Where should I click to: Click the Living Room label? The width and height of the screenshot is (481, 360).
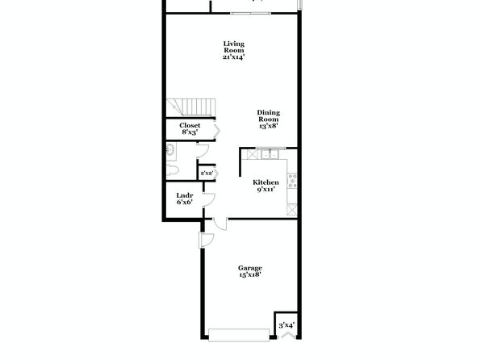point(234,47)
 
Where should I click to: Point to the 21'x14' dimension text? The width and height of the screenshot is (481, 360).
point(234,57)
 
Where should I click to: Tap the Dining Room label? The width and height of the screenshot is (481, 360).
point(269,115)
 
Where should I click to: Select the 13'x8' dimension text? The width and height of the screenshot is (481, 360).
point(269,126)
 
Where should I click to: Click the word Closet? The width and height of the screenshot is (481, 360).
point(190,125)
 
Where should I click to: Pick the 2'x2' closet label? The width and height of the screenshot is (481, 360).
point(207,173)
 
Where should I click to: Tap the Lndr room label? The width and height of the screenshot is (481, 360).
point(185,195)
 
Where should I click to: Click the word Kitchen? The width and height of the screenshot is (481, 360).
point(266,182)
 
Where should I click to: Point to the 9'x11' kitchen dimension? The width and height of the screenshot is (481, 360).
point(266,190)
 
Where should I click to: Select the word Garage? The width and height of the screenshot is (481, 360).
point(249,268)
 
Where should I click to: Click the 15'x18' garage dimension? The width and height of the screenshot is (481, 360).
point(249,274)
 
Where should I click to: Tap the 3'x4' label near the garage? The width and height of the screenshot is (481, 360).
point(287,325)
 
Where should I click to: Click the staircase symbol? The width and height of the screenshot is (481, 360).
point(190,107)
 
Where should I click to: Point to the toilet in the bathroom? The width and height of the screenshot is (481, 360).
point(172,170)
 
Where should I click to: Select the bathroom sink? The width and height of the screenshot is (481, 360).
point(170,150)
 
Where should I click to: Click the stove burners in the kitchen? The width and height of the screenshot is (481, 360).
point(292,181)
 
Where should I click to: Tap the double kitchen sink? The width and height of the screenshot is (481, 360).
point(270,154)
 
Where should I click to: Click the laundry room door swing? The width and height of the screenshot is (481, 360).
point(208,200)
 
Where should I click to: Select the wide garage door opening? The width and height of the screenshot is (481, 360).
point(239,335)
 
